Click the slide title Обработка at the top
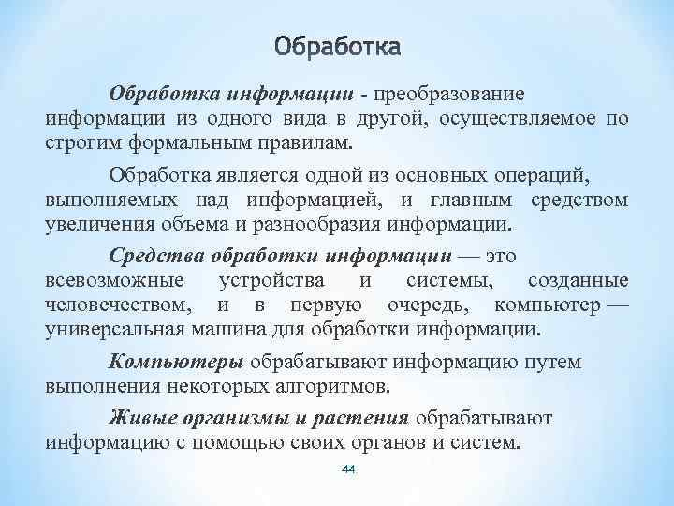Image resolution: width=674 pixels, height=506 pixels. click(x=338, y=46)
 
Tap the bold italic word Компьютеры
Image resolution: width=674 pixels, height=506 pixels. click(x=176, y=361)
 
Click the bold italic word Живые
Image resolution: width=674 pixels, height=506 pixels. click(x=140, y=416)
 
